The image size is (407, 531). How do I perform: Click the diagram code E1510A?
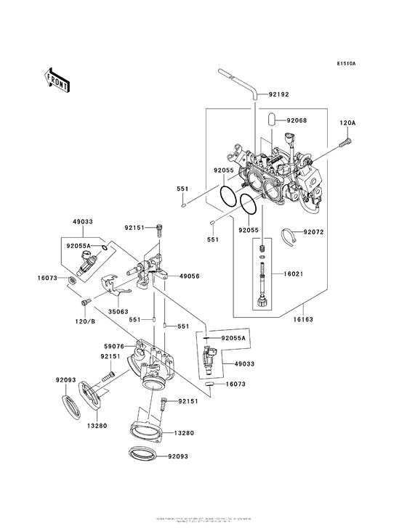[346, 64]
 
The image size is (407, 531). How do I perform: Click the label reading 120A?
[347, 123]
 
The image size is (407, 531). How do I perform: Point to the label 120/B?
[85, 321]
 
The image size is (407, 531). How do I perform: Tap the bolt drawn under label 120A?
[342, 147]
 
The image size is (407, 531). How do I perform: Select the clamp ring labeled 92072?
[290, 235]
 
